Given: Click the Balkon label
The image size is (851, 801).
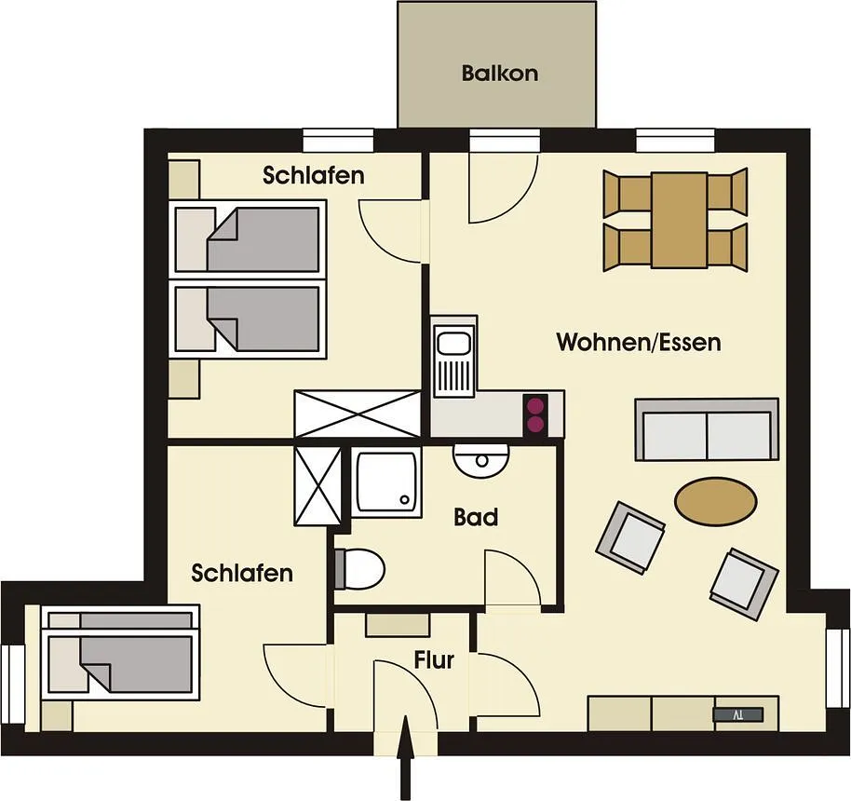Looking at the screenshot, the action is (x=500, y=74).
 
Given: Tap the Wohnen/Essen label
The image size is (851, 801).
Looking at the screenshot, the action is (x=639, y=343).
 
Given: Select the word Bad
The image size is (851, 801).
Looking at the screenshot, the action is (x=476, y=518).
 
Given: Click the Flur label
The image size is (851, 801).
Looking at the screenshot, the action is (x=434, y=660).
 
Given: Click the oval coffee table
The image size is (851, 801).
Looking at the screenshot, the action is (x=715, y=501).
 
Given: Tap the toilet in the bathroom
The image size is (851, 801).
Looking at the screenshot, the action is (x=359, y=569).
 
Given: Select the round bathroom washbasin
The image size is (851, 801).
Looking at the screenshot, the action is (x=481, y=460).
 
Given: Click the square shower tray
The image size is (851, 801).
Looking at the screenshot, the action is (x=385, y=482).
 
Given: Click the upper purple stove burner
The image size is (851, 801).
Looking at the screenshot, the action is (x=535, y=406).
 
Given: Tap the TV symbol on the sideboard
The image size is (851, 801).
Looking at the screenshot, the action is (x=738, y=714).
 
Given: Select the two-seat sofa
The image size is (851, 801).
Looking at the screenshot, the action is (x=707, y=429).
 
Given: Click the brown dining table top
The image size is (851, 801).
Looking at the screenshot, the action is (x=680, y=220).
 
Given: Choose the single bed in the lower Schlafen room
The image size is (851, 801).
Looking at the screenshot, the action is (x=120, y=652).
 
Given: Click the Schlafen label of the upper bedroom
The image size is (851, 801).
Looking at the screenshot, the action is (x=314, y=175).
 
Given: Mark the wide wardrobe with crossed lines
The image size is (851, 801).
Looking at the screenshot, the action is (x=358, y=414).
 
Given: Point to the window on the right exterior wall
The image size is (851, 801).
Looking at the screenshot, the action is (x=839, y=668).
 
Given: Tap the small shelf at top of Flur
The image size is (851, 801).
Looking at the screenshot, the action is (x=398, y=625).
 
